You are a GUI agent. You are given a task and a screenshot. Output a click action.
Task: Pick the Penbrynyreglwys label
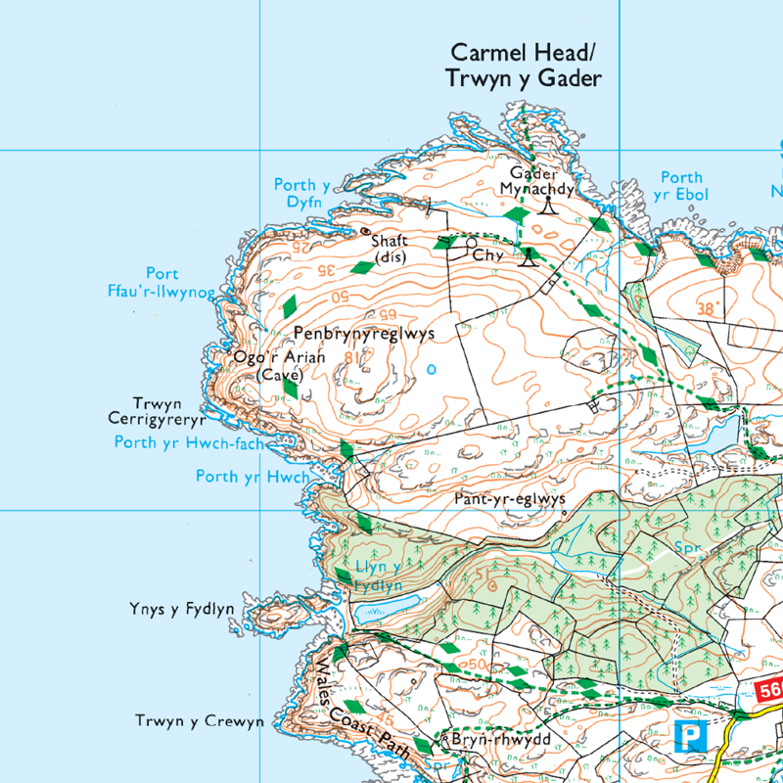click(x=363, y=334)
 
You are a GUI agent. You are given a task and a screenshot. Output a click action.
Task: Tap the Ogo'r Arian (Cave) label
click(x=278, y=366)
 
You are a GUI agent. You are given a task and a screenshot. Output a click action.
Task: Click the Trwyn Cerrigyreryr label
click(x=167, y=411)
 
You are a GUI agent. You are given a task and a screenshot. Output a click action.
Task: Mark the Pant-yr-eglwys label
click(x=510, y=498)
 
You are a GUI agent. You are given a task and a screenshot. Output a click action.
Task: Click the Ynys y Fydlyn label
click(x=181, y=610)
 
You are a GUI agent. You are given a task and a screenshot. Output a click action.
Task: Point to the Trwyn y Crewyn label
click(x=200, y=722)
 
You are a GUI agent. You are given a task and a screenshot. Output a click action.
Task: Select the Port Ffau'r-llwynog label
click(x=163, y=282)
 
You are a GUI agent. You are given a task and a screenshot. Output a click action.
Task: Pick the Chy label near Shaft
click(x=488, y=255)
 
